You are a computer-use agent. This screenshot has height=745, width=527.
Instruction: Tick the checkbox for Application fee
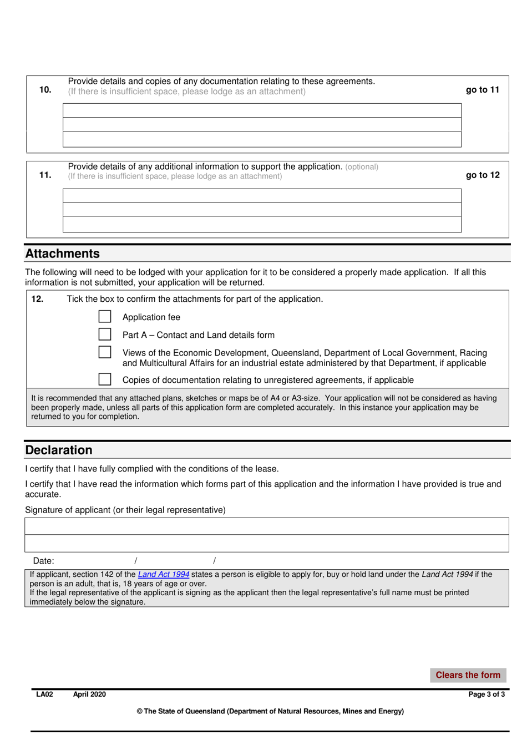(x=104, y=316)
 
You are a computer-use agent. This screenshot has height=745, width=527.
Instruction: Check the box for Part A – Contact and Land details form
(x=104, y=334)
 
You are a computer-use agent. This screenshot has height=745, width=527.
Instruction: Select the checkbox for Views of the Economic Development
(x=104, y=352)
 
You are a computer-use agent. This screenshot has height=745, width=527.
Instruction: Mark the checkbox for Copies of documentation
(x=104, y=379)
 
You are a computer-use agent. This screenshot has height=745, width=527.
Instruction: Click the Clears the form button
(x=468, y=675)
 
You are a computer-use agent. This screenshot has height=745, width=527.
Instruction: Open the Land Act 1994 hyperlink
(x=164, y=575)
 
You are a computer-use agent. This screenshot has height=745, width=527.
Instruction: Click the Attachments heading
(x=63, y=254)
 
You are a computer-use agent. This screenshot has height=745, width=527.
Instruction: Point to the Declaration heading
(x=59, y=450)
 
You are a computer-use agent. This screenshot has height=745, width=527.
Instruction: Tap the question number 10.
(x=45, y=90)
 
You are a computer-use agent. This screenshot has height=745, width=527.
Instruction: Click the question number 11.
(x=45, y=175)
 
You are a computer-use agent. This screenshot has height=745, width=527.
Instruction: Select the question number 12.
(x=37, y=299)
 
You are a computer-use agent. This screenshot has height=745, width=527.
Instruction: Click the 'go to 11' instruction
(x=482, y=90)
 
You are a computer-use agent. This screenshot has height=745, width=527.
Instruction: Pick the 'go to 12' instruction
(x=482, y=175)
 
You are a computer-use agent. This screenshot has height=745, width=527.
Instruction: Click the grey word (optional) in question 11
(x=362, y=167)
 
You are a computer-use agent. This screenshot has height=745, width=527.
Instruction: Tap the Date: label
(x=44, y=561)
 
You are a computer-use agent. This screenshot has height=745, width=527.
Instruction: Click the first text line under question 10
(x=262, y=110)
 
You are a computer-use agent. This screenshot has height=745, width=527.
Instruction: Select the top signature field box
(x=267, y=526)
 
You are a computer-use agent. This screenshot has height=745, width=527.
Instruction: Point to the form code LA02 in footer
(x=44, y=695)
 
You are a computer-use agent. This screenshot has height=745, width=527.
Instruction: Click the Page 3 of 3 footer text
(x=487, y=695)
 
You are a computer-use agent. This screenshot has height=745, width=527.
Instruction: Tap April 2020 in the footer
(x=89, y=695)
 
